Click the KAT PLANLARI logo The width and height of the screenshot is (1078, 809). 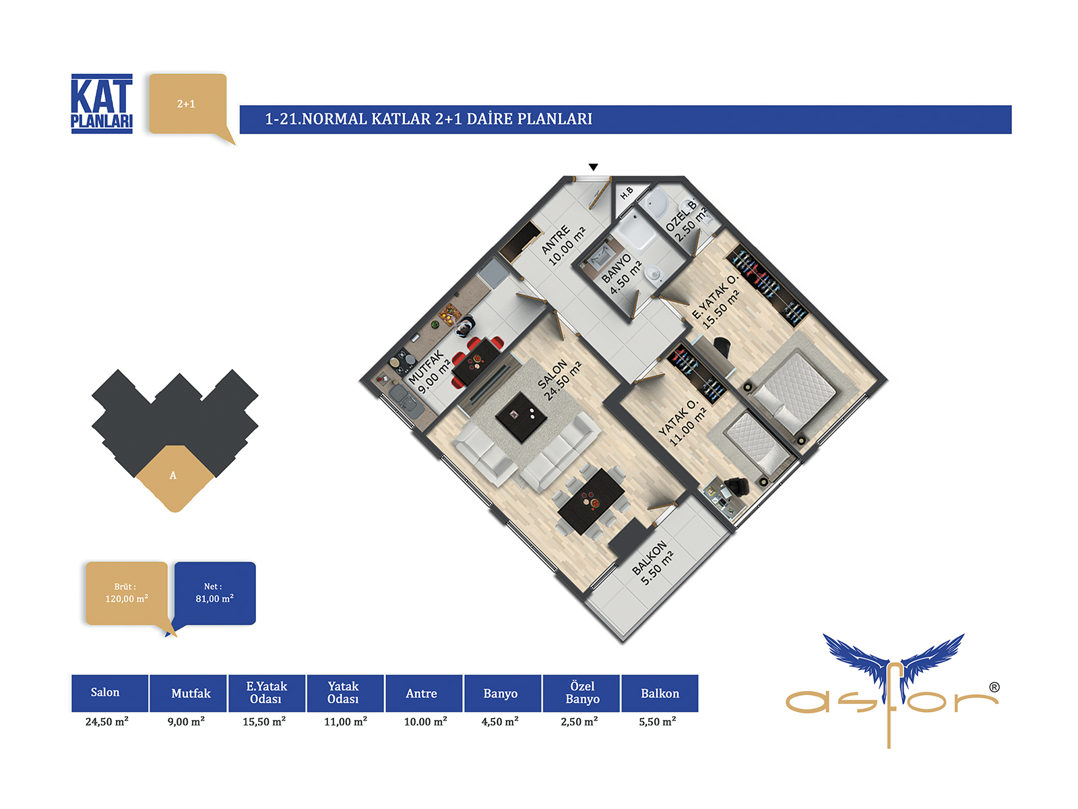(x=102, y=104)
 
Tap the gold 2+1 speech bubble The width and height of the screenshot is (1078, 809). (x=189, y=105)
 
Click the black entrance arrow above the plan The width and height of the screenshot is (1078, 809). (x=594, y=167)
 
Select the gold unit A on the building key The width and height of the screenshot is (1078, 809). (x=175, y=477)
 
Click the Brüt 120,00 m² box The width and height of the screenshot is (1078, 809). (x=127, y=593)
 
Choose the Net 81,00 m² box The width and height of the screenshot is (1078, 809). (x=215, y=593)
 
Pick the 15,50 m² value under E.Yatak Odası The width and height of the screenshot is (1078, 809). (x=264, y=721)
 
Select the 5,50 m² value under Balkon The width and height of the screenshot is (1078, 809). (x=658, y=721)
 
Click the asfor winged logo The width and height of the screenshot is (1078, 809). (x=892, y=690)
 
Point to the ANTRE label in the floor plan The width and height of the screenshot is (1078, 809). (x=555, y=239)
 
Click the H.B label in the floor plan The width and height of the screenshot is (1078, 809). (x=627, y=193)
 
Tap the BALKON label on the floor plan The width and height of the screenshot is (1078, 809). (x=649, y=557)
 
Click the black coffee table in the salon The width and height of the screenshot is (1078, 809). (x=521, y=417)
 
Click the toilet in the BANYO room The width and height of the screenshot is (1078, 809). (x=654, y=274)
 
